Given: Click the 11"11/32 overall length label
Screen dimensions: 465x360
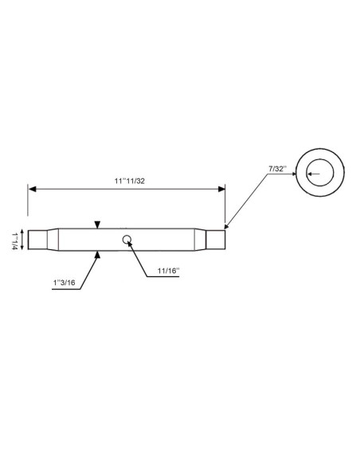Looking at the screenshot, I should click(x=128, y=181).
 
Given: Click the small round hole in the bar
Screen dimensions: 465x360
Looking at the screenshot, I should click(x=127, y=238).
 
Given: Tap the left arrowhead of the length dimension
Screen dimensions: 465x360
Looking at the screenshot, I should click(x=33, y=189).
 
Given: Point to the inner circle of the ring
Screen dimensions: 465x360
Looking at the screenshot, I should click(x=321, y=173).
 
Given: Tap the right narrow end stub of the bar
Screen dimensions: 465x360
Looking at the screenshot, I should click(x=216, y=239).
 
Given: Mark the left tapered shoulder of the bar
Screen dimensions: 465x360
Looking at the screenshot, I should click(x=54, y=239).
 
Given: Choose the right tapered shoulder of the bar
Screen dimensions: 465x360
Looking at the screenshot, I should click(x=201, y=239).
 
